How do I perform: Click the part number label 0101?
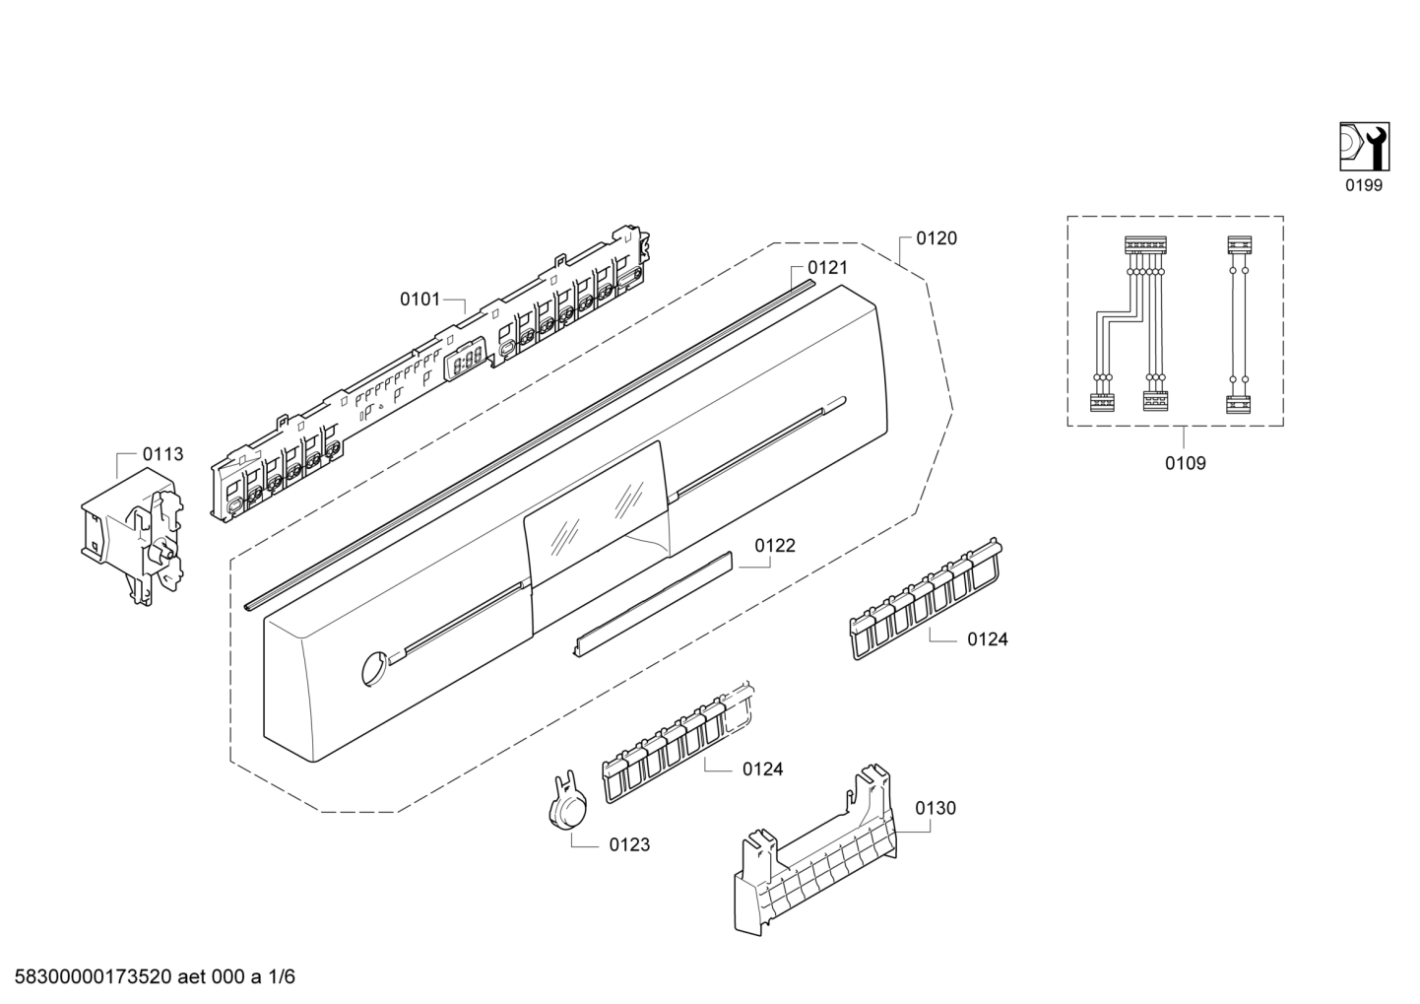pos(420,299)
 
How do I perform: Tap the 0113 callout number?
pos(162,454)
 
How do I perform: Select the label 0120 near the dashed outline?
pos(936,238)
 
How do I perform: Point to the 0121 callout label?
pos(827,267)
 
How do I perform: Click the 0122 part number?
pos(775,545)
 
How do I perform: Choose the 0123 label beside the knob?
pos(629,844)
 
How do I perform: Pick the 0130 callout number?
pos(935,808)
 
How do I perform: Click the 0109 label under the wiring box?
pos(1185,463)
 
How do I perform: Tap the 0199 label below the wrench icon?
pos(1364,185)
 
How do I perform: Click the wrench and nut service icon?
pos(1364,144)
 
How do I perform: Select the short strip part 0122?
pos(654,602)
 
